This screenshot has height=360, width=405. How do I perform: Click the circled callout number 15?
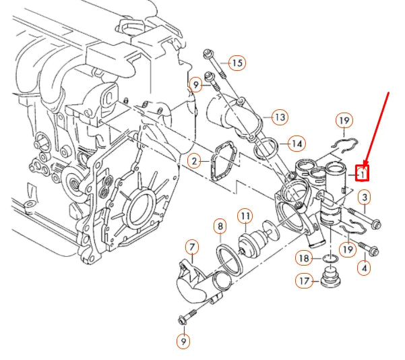[236, 63]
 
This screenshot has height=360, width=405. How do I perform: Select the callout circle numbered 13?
[279, 117]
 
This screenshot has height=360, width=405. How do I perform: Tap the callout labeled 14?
[296, 144]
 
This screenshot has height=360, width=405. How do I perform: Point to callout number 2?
[194, 161]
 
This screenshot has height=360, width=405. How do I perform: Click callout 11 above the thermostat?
[245, 216]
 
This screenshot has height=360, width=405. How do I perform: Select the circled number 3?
[365, 198]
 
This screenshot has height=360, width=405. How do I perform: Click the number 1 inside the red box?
[363, 174]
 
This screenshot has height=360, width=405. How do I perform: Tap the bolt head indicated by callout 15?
[206, 54]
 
